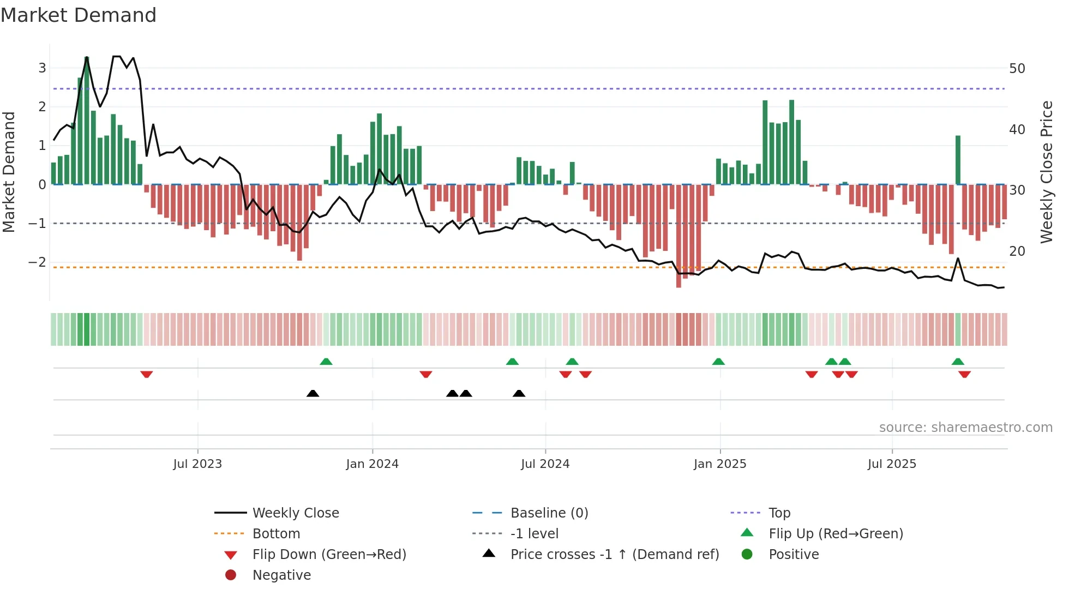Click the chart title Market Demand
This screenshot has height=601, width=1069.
coord(79,15)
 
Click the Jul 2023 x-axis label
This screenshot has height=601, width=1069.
coord(197,464)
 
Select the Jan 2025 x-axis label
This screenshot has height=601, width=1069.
coord(720,464)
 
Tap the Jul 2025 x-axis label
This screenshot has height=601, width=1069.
coord(892,464)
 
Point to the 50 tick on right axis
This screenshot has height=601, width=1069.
coord(1017,69)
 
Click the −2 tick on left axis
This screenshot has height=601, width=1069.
coord(37,262)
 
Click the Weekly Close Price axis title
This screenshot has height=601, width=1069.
coord(1046,172)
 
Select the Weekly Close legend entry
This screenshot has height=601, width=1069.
coord(295,513)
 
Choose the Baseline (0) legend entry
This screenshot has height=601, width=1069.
coord(549,513)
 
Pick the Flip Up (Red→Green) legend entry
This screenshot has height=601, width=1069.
coord(836,534)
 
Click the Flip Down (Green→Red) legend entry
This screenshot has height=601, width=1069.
coord(329,555)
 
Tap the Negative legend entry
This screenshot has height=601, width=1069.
coord(281,575)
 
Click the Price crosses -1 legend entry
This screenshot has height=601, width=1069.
coord(614,555)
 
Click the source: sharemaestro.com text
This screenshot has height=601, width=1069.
coord(965,428)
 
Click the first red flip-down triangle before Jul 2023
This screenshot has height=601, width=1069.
coord(146,375)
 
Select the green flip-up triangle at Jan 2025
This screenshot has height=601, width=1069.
coord(718,362)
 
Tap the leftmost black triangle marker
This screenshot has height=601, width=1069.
coord(313,393)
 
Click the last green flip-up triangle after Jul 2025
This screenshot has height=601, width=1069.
coord(958,362)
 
